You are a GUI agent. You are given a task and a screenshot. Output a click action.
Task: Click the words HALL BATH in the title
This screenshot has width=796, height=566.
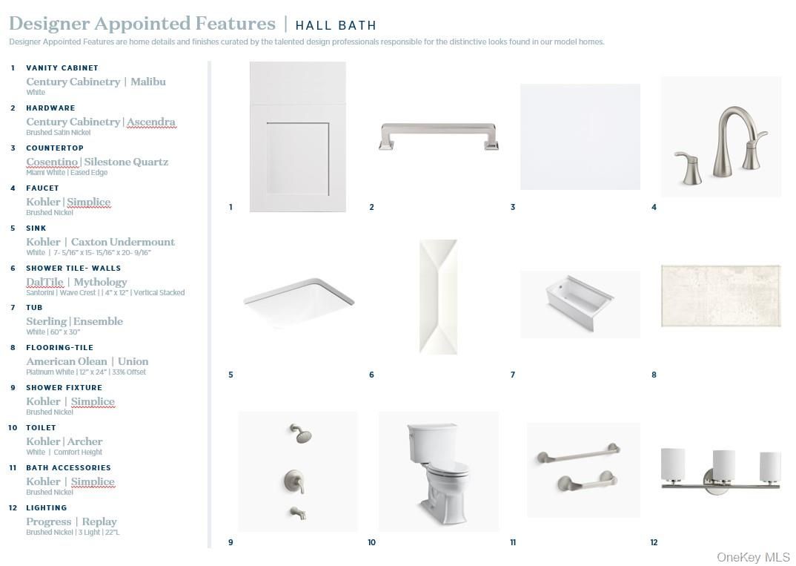pos(336,25)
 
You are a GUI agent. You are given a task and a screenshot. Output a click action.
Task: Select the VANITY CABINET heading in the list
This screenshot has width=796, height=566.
pos(62,68)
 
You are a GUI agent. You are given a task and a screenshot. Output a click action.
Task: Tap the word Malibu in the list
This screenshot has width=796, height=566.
pos(148,82)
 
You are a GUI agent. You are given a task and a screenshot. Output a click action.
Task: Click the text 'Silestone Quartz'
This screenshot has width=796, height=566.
pos(126,162)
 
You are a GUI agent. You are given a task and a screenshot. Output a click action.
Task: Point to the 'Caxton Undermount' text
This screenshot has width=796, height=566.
pos(123,242)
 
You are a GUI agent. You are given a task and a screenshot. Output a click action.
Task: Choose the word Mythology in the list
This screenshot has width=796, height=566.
pos(101,282)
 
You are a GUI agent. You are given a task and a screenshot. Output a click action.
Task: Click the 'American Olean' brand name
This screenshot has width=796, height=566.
pos(67,361)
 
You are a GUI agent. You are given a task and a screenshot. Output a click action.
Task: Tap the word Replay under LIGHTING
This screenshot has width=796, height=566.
pos(99,521)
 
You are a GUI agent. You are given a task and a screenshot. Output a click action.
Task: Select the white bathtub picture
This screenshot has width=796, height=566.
pos(580,301)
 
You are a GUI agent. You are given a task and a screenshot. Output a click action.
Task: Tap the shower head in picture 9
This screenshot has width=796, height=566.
pos(301,434)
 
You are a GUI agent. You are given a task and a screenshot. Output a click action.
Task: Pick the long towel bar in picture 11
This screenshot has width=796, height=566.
pos(579,453)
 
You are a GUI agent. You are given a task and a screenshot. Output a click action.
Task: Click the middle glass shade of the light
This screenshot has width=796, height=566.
pos(723,465)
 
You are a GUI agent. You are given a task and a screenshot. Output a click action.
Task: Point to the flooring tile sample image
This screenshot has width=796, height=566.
pos(721,296)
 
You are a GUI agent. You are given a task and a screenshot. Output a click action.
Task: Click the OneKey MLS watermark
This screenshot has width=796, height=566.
pos(753,557)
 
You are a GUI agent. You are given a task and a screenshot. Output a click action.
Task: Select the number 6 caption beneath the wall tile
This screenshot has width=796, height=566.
pos(371,375)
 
